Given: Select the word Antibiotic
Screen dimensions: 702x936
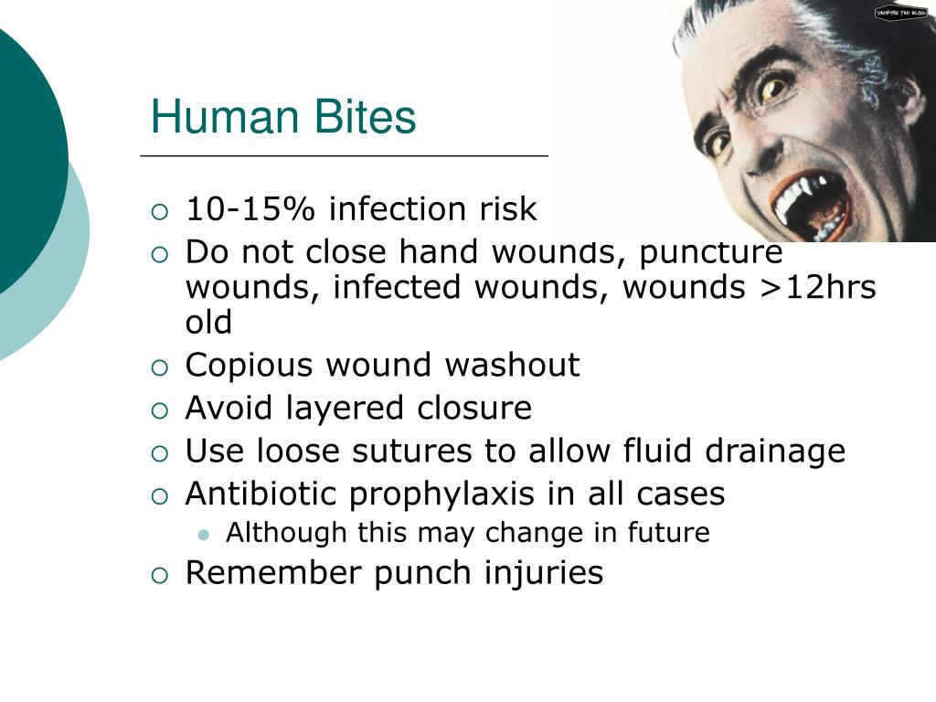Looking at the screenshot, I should [262, 494].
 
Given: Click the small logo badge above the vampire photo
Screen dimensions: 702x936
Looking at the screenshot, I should [900, 12].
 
